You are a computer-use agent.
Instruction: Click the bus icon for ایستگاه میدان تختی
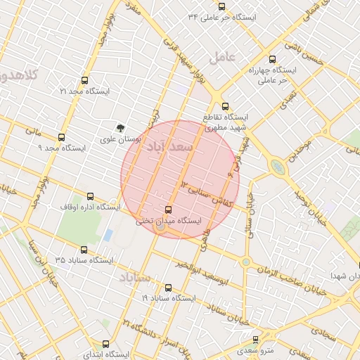pos(167,210)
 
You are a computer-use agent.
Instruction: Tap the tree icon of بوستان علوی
pos(120,129)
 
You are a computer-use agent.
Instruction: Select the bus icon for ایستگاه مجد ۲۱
pos(85,80)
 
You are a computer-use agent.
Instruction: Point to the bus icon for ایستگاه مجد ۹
pos(62,137)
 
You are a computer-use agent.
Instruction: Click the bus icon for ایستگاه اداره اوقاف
pos(89,196)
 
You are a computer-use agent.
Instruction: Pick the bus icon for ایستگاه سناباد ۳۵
pos(85,250)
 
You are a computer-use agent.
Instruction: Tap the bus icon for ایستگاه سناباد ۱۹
pos(167,287)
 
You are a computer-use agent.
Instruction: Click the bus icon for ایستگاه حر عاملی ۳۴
pos(222,6)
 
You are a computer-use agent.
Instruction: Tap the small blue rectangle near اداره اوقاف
pos(108,235)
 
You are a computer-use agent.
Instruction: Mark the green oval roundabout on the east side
pos(278,167)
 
